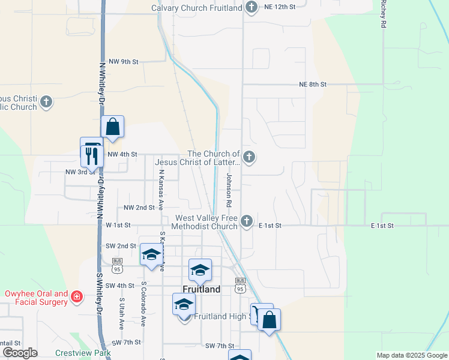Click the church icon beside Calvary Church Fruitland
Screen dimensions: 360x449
(252, 7)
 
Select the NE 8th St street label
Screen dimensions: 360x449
(313, 85)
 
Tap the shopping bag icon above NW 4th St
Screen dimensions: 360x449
(112, 127)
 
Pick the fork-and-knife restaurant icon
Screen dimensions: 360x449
(92, 156)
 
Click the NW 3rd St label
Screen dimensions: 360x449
(80, 172)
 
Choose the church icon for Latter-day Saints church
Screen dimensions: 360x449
(249, 158)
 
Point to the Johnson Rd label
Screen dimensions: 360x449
(229, 186)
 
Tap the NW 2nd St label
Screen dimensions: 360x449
(139, 208)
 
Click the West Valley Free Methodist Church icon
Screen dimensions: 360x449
(246, 222)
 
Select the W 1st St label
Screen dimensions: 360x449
(118, 225)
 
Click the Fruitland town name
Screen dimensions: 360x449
(201, 289)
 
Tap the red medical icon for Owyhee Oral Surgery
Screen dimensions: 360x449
(76, 296)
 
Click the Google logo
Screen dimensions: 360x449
(20, 353)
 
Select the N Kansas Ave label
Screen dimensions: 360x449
(161, 186)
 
